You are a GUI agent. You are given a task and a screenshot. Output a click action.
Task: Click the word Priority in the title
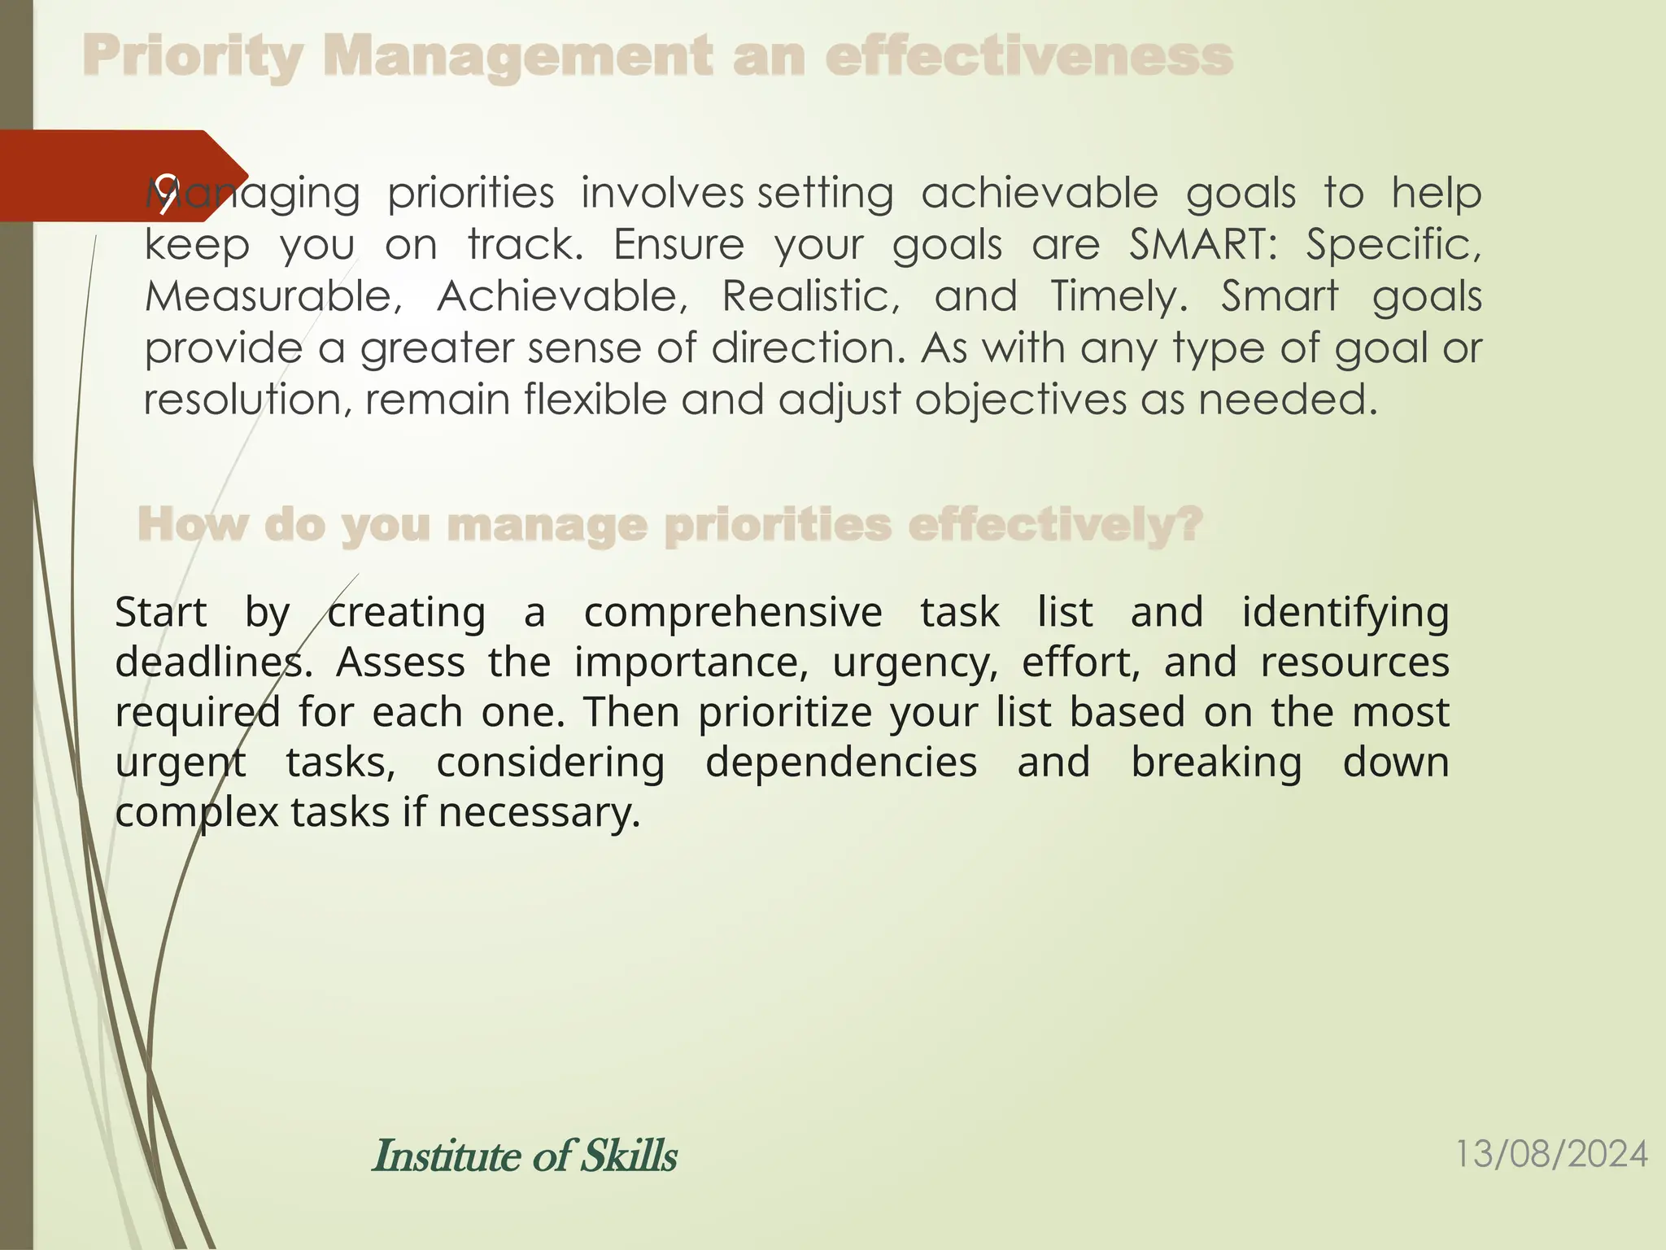pos(192,57)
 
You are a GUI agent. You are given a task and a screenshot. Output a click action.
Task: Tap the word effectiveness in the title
pos(1029,57)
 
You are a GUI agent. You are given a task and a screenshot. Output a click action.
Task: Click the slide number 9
pos(167,194)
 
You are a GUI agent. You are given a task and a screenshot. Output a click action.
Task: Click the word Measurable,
pos(273,296)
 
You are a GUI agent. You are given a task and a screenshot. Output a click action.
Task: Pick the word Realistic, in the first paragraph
pos(811,296)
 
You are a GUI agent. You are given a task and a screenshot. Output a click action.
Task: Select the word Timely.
pos(1119,296)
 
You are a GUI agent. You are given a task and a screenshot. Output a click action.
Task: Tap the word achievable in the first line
pos(1040,194)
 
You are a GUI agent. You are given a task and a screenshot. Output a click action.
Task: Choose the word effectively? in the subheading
pos(1055,524)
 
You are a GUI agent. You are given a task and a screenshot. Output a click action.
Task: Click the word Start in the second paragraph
pos(161,612)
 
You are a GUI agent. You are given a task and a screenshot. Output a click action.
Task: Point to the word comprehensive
pos(733,612)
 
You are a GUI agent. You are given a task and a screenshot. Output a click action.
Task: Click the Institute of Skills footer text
pos(525,1156)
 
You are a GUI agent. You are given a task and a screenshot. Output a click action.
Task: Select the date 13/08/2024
pos(1550,1154)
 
